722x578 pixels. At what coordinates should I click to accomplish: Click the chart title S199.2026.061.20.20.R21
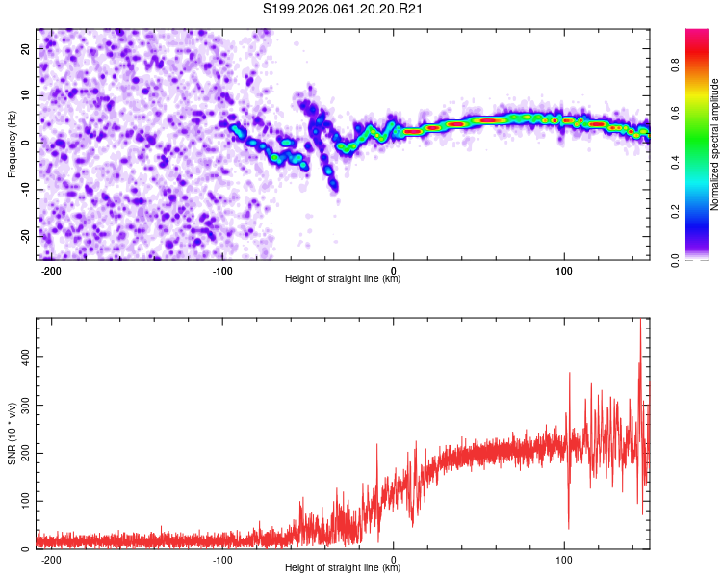(344, 10)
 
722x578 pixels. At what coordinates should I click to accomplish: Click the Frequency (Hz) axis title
(13, 144)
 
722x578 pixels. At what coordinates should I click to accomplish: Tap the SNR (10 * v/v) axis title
(13, 433)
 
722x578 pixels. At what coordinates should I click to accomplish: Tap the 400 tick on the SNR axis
(23, 357)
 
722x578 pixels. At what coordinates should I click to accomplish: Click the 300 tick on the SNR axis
(23, 406)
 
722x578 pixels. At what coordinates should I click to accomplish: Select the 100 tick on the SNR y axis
(23, 502)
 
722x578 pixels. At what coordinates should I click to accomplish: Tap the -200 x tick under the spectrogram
(52, 270)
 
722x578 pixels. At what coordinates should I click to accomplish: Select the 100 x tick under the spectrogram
(564, 270)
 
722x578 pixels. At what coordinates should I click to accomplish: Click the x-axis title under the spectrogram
(343, 279)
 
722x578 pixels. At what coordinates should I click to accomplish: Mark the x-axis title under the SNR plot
(343, 568)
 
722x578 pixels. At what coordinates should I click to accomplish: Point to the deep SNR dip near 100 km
(568, 527)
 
